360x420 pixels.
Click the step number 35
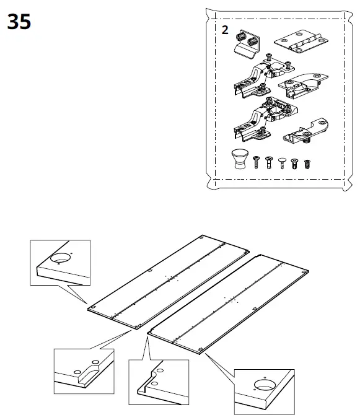pos(19,23)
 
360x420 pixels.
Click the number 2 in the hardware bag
pos(224,31)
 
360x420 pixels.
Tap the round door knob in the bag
pos(239,159)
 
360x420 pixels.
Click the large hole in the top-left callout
pos(60,260)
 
